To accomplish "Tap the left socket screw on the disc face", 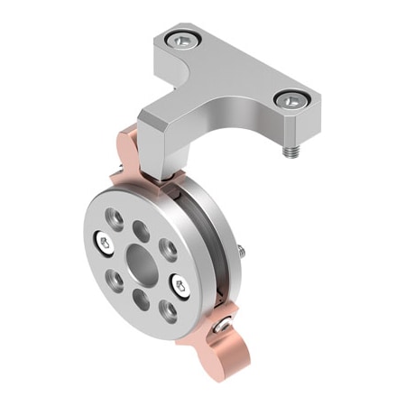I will click(104, 241).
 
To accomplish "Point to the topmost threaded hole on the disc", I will click(115, 217).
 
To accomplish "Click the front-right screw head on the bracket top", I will click(291, 98).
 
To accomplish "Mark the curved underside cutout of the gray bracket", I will click(226, 108).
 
